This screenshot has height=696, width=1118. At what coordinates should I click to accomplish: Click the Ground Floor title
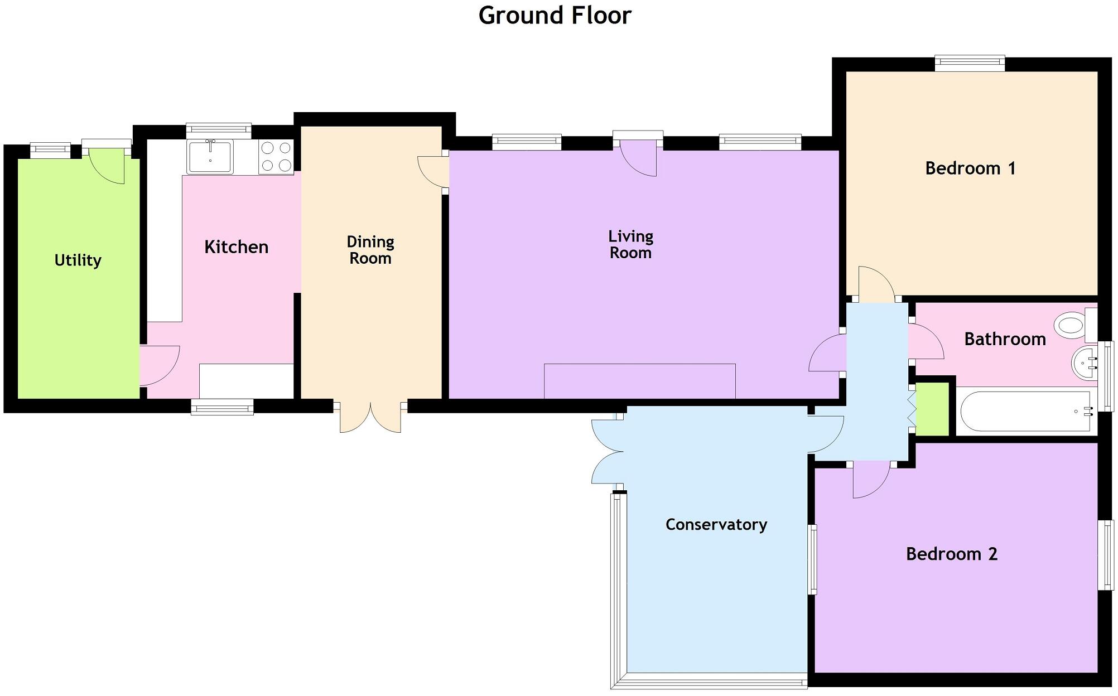click(x=555, y=16)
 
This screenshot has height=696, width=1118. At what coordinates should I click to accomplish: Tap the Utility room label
click(x=78, y=260)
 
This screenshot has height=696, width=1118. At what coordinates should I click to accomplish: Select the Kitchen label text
click(x=237, y=247)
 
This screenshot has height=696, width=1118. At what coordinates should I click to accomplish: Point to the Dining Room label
click(x=370, y=250)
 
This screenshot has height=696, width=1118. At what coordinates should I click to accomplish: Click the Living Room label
click(x=631, y=245)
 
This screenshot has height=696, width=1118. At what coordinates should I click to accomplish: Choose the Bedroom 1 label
click(x=971, y=168)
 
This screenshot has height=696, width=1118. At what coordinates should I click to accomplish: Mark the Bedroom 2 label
click(x=952, y=554)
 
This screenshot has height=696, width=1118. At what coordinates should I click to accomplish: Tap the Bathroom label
click(x=1005, y=339)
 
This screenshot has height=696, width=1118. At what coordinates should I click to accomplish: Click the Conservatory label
click(x=716, y=525)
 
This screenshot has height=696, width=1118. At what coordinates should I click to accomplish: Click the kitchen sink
click(x=211, y=157)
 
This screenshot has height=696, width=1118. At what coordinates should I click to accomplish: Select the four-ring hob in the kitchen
click(x=276, y=157)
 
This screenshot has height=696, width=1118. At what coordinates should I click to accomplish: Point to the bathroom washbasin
click(x=1085, y=363)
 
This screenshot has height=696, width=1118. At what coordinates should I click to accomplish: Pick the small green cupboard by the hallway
click(x=932, y=409)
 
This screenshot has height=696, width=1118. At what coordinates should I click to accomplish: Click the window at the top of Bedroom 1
click(x=970, y=63)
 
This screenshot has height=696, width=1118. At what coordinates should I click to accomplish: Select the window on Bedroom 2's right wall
click(x=1106, y=555)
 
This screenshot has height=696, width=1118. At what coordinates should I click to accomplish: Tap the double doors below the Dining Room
click(x=370, y=416)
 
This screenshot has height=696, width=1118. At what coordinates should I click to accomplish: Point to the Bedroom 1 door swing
click(x=877, y=283)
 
